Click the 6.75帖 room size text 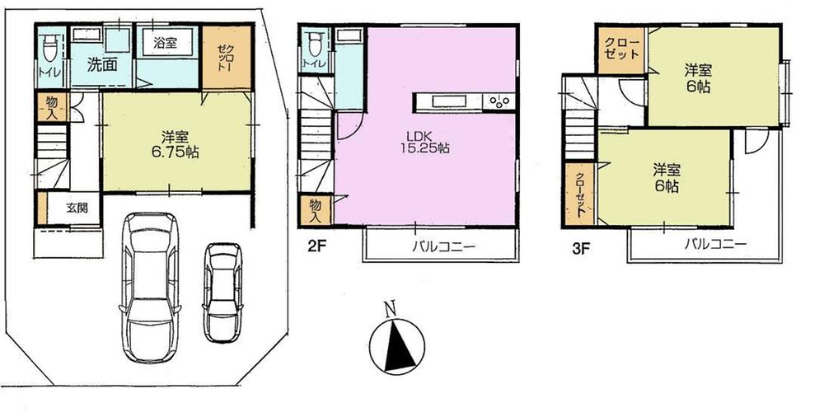pyautogui.click(x=178, y=152)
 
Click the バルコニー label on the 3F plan pyautogui.click(x=715, y=245)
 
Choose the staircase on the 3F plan pyautogui.click(x=579, y=124)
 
